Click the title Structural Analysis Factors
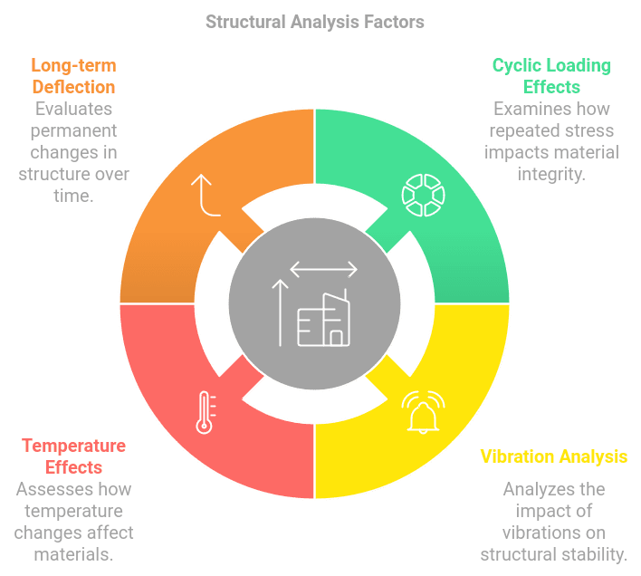pyautogui.click(x=314, y=21)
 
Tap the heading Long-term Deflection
pyautogui.click(x=73, y=76)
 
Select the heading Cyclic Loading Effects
pyautogui.click(x=551, y=76)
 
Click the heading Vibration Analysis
pyautogui.click(x=553, y=456)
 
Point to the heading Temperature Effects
pyautogui.click(x=73, y=456)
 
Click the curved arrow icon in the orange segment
pyautogui.click(x=206, y=196)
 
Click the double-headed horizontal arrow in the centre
pyautogui.click(x=323, y=269)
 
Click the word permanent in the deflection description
pyautogui.click(x=73, y=130)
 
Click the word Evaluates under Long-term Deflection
pyautogui.click(x=73, y=109)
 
